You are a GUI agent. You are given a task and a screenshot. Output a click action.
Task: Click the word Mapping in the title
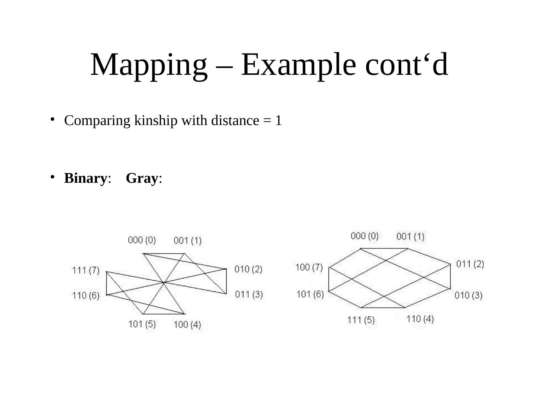(149, 65)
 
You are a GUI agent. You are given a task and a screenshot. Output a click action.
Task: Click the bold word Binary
(85, 178)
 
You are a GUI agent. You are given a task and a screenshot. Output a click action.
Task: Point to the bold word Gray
(142, 178)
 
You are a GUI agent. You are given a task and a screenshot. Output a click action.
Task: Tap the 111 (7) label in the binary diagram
(86, 270)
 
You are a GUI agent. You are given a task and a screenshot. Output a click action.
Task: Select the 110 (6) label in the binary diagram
(86, 296)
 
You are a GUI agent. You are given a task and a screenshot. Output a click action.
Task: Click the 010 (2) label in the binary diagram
(249, 269)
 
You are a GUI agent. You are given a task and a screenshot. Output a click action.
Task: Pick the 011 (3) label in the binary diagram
(249, 294)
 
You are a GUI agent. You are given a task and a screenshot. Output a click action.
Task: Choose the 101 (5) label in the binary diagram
(142, 324)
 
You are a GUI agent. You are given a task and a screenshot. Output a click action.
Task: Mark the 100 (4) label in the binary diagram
(187, 325)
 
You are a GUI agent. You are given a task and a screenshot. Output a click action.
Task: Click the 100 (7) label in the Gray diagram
(309, 267)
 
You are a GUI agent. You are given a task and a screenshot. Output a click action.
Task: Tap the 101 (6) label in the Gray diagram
(310, 294)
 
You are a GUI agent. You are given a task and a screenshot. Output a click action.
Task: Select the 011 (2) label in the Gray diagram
(470, 264)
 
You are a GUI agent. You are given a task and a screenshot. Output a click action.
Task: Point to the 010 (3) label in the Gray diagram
(468, 296)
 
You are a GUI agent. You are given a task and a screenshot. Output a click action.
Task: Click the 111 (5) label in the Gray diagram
(361, 320)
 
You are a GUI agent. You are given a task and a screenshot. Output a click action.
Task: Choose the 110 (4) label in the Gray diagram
(420, 319)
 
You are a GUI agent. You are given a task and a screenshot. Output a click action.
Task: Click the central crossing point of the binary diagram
(163, 283)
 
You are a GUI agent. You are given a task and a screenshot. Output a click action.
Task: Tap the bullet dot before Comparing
(53, 119)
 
